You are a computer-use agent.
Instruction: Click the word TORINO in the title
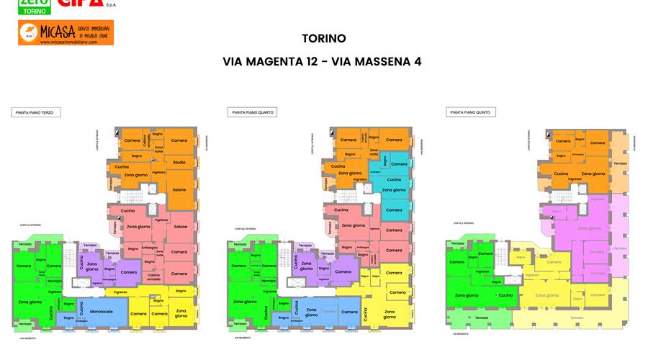323,39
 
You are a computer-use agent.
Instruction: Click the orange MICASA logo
66,32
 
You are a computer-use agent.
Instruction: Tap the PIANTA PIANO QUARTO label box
253,112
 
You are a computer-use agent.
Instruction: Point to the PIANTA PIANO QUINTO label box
472,112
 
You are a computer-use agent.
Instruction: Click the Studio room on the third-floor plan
179,162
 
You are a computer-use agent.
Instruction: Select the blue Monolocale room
102,311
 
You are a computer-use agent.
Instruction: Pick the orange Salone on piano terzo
179,189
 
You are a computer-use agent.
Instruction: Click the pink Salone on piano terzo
180,227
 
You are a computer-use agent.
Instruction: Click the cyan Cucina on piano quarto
394,179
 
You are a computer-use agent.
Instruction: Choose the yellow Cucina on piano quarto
365,313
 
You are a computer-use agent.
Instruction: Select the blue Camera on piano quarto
349,312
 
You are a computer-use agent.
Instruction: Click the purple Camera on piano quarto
343,271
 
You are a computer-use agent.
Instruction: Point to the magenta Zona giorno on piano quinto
590,228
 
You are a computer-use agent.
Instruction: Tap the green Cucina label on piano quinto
506,295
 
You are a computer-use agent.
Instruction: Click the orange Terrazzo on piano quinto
620,163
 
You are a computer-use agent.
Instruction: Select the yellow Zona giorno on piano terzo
181,314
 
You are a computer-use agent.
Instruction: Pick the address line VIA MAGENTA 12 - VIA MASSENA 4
322,62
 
